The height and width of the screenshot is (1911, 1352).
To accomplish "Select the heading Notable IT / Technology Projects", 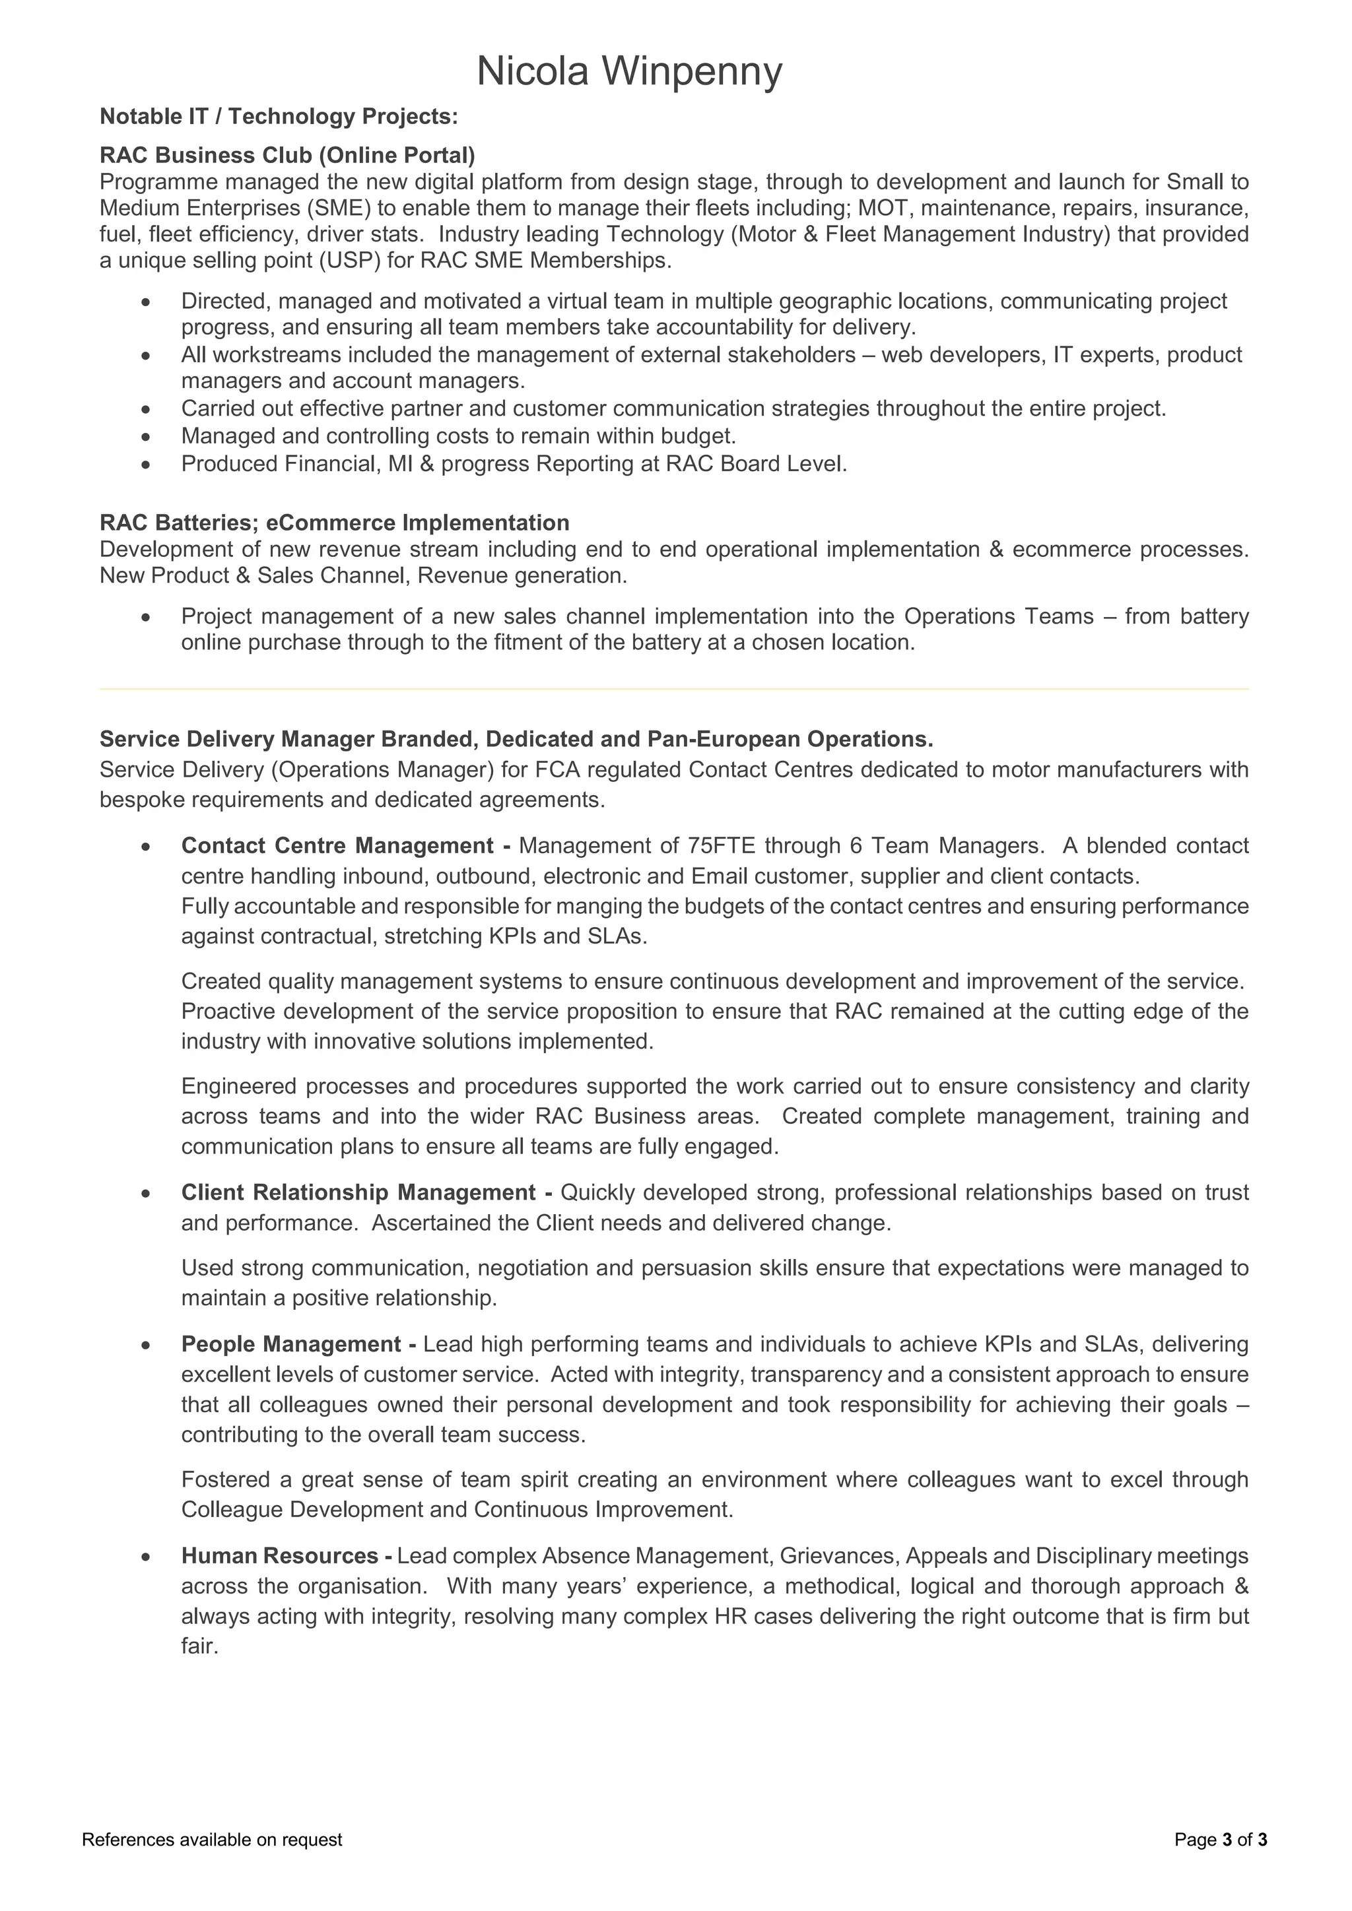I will (x=279, y=117).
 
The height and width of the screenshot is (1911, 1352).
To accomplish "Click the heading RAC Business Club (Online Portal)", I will (x=287, y=156).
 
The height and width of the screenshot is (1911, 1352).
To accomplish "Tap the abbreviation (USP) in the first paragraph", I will (x=350, y=261).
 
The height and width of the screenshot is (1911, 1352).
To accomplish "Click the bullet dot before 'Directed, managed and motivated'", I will (x=147, y=302).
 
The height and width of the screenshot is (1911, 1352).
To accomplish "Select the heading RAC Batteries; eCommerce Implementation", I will (x=334, y=523).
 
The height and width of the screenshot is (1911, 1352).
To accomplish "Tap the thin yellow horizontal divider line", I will (x=674, y=689).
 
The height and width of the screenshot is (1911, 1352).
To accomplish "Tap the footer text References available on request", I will (x=213, y=1840).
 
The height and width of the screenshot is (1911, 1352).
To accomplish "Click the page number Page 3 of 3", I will (x=1221, y=1840).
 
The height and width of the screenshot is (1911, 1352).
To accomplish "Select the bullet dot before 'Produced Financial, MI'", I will (x=147, y=465).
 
